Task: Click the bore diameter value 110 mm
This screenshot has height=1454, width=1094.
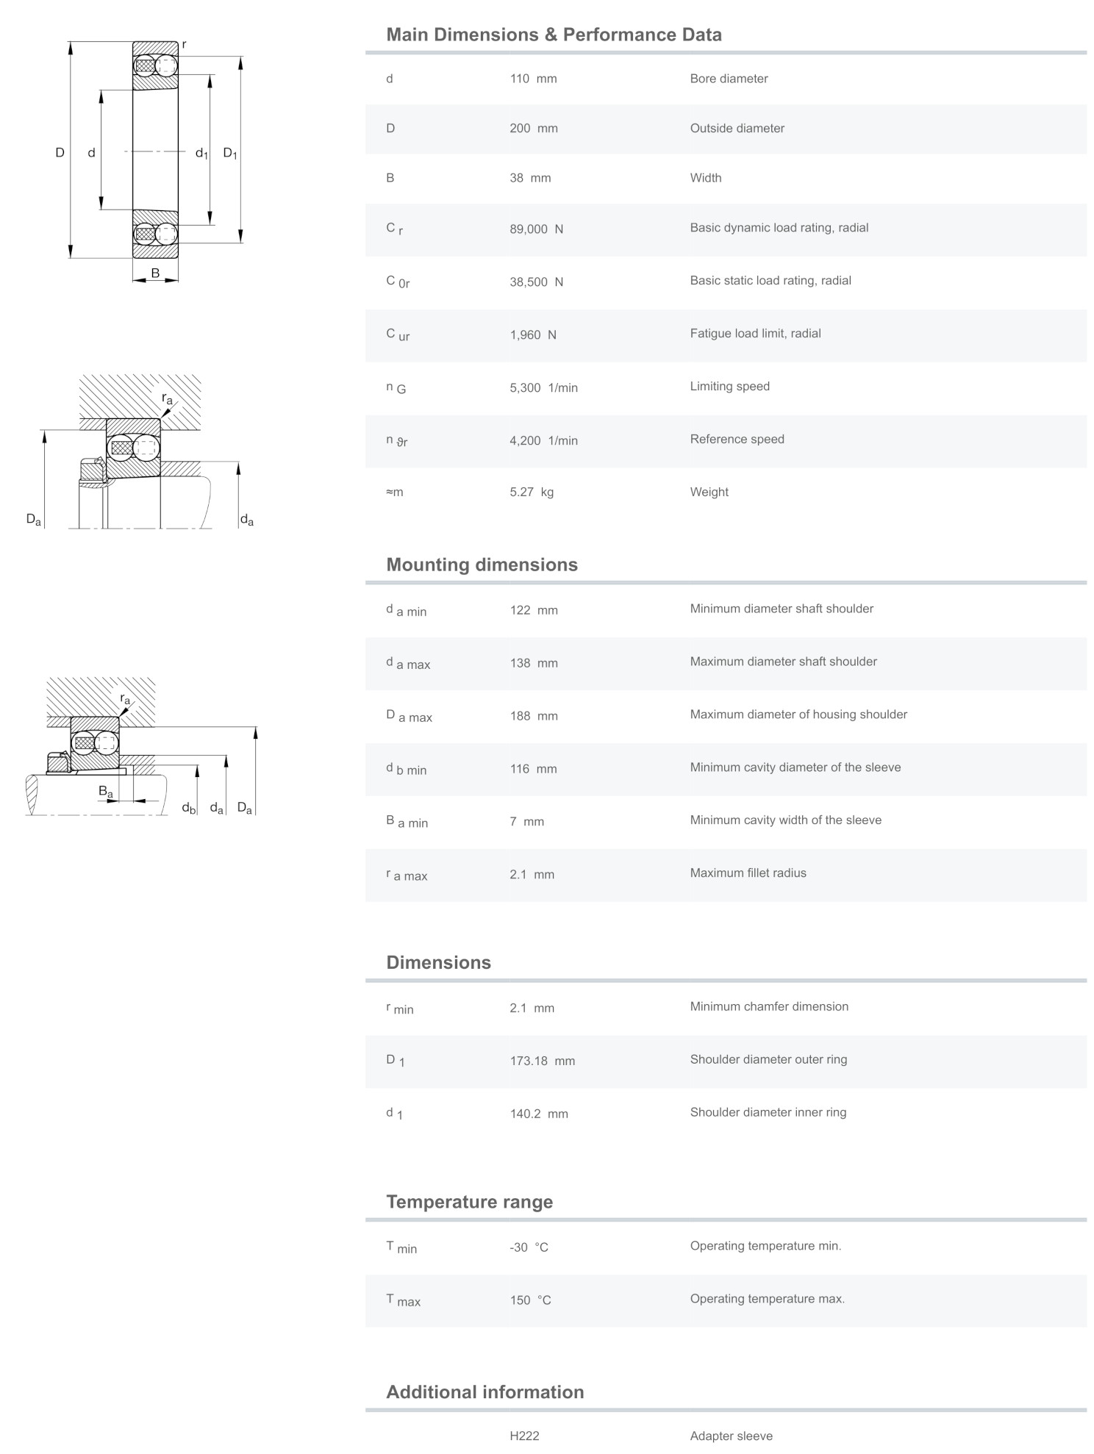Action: point(533,79)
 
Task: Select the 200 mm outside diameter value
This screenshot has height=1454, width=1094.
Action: point(534,129)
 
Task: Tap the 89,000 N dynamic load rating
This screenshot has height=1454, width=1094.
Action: point(536,229)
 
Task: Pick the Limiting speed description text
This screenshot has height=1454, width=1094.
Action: point(729,387)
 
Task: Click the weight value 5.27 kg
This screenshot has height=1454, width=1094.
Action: point(532,493)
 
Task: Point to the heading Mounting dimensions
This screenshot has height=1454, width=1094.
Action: point(482,565)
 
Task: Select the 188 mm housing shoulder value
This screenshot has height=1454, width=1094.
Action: point(534,716)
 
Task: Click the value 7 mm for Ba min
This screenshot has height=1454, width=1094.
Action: point(526,822)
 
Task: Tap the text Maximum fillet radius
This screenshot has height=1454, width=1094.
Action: point(748,873)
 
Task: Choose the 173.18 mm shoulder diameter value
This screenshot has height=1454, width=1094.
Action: point(542,1061)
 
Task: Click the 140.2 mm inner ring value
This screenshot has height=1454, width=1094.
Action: point(538,1114)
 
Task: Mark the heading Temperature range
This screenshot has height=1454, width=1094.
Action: point(469,1202)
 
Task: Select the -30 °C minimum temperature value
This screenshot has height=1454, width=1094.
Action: point(529,1247)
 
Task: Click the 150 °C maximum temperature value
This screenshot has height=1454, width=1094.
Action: point(530,1300)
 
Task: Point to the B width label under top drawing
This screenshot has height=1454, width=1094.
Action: point(155,273)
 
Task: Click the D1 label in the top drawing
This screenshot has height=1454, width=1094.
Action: point(230,154)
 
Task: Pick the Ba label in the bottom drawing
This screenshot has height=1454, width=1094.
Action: point(106,792)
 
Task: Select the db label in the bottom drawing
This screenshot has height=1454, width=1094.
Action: point(189,809)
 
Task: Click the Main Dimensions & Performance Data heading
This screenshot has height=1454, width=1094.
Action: point(554,35)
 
